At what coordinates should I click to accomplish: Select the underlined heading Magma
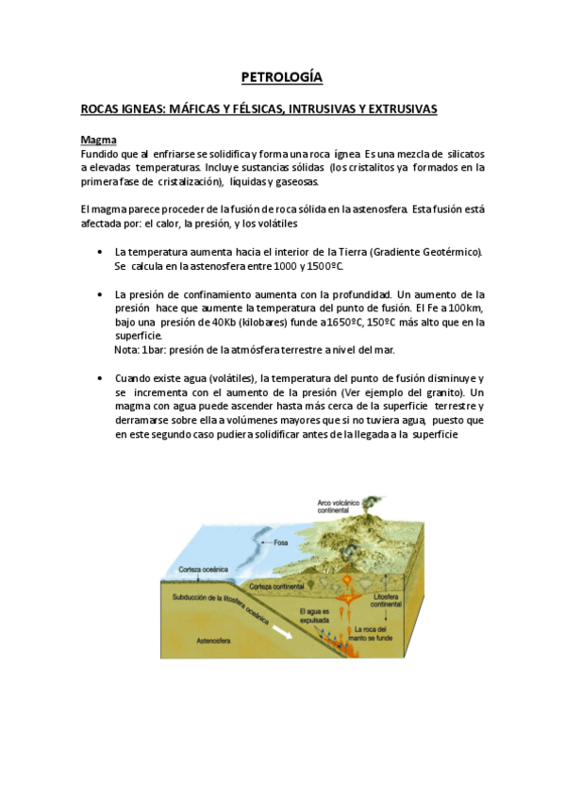(98, 141)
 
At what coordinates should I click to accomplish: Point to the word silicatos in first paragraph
(464, 153)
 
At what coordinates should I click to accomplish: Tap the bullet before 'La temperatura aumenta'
(100, 252)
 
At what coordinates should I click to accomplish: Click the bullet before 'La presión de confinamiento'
(100, 294)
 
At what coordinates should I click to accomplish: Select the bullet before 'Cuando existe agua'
(100, 377)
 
